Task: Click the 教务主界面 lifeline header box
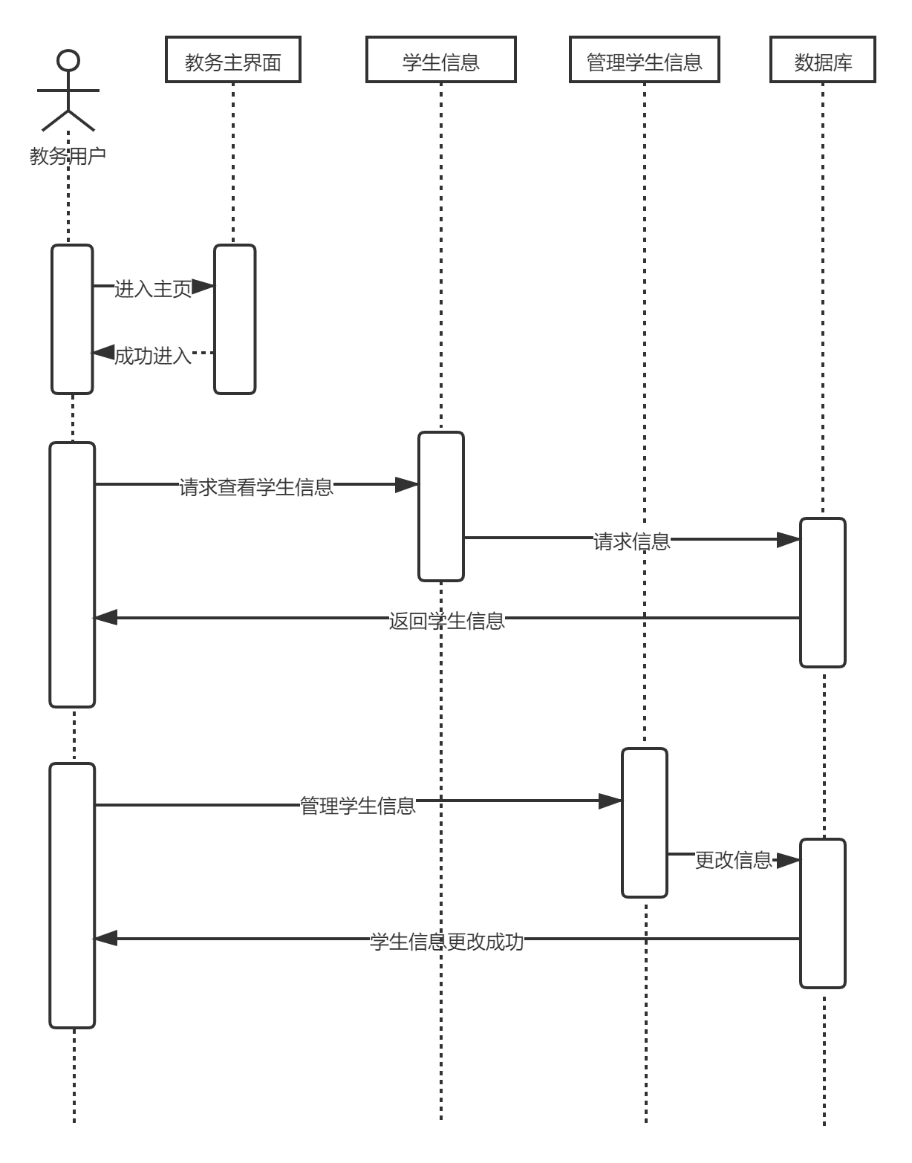click(x=232, y=59)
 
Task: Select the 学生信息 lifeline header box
click(x=440, y=59)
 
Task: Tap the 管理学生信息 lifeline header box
click(x=644, y=59)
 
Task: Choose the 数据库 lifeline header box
click(x=823, y=59)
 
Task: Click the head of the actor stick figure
click(x=68, y=60)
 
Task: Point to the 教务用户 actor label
click(x=68, y=156)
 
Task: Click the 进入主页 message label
click(x=153, y=287)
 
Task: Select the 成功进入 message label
click(x=153, y=355)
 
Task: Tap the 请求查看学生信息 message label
click(x=255, y=486)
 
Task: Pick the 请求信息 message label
click(x=631, y=540)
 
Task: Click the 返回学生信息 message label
click(x=446, y=619)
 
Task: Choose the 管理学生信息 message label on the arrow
click(x=357, y=804)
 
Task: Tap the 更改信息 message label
click(x=733, y=859)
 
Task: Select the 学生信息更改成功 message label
click(x=446, y=940)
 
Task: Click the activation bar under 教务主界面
click(x=235, y=319)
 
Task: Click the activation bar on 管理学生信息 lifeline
click(x=645, y=823)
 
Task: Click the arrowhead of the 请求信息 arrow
click(x=789, y=540)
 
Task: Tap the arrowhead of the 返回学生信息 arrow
click(x=105, y=617)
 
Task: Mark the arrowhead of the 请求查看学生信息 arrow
click(x=407, y=485)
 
